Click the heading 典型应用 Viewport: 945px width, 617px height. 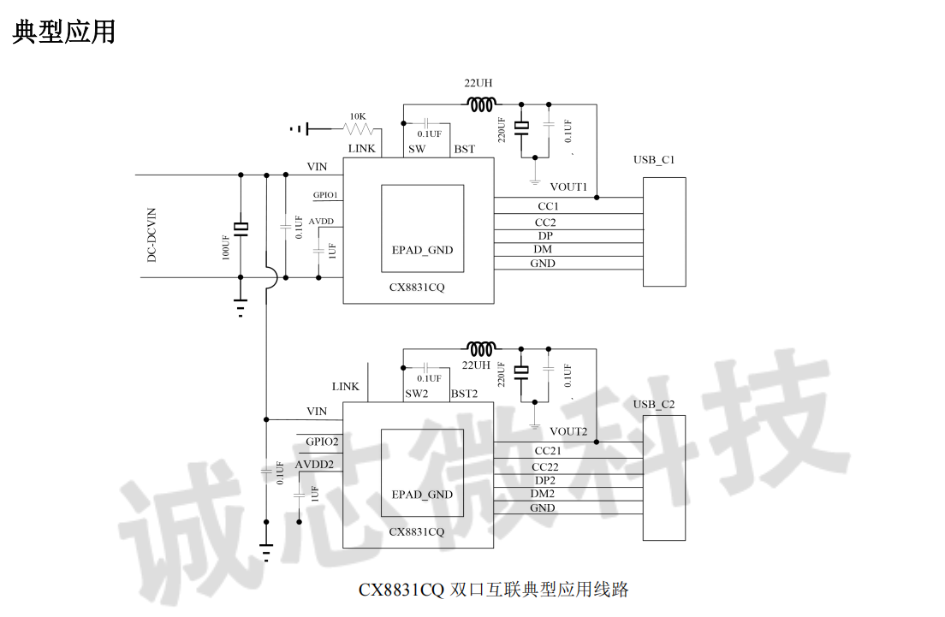64,33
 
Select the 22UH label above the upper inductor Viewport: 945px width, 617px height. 478,84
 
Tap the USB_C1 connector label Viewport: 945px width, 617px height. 654,160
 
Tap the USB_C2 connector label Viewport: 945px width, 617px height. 654,404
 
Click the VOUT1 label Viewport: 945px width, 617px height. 568,187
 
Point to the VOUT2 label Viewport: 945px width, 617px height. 568,431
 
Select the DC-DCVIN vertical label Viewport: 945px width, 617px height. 152,234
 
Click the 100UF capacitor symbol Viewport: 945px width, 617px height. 241,227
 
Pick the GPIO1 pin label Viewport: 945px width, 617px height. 325,195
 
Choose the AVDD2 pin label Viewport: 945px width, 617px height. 314,465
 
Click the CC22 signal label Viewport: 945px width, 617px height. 545,466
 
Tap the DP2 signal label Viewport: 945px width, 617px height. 545,480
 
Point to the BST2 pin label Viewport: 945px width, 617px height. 464,394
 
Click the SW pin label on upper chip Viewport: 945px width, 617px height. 417,149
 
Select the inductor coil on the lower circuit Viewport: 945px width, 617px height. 481,348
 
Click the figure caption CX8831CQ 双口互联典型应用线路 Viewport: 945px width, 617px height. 494,590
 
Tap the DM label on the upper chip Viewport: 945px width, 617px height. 543,249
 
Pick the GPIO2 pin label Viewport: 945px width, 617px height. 323,442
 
